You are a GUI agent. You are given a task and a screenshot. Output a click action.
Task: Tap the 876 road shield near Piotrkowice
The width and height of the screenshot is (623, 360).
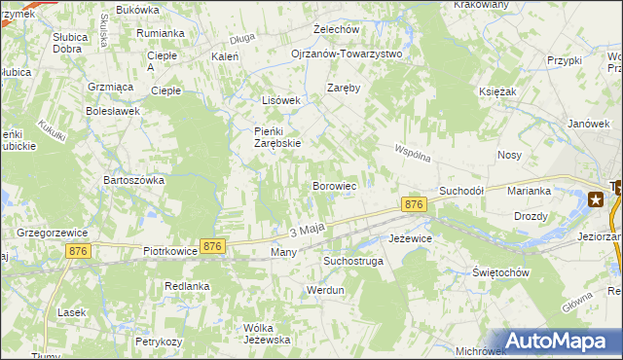coord(213,247)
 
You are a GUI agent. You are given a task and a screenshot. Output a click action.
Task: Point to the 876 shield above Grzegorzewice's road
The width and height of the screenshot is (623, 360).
coord(80,251)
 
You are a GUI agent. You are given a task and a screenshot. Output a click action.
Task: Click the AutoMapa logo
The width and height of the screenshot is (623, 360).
coord(559,340)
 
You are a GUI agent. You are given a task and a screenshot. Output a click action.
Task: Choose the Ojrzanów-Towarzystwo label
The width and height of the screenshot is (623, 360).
coord(347,54)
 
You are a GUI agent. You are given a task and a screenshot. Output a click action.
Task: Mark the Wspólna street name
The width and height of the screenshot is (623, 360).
coord(412,154)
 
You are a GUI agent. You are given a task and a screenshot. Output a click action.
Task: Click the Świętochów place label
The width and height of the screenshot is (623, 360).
coord(499,272)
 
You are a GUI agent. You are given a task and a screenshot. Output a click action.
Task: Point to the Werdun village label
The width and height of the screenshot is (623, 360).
coord(325,290)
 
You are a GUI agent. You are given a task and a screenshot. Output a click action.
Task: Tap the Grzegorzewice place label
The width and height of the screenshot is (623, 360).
coord(53,234)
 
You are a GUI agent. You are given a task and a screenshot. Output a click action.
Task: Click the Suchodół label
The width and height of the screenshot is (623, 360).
coord(461,191)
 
